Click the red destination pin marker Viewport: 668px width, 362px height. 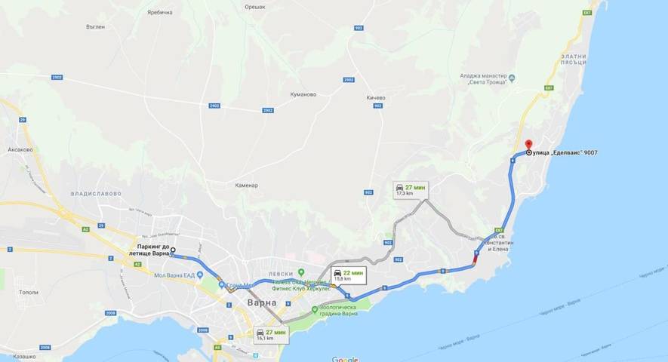[x=528, y=146]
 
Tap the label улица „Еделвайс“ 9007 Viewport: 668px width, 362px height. [x=565, y=153]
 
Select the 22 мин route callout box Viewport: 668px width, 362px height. [x=348, y=275]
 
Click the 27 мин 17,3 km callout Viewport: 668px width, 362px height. [x=410, y=189]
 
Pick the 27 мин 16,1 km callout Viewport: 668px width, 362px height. [x=271, y=335]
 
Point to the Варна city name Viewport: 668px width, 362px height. [x=262, y=302]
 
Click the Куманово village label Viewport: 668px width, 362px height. [x=303, y=94]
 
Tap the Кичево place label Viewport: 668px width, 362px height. [x=375, y=97]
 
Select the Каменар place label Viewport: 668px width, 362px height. [x=246, y=185]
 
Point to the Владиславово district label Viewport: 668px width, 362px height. [x=96, y=193]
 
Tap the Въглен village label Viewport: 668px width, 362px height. [x=96, y=26]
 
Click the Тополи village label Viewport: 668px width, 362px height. [x=29, y=291]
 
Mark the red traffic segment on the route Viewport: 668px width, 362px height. [x=474, y=260]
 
